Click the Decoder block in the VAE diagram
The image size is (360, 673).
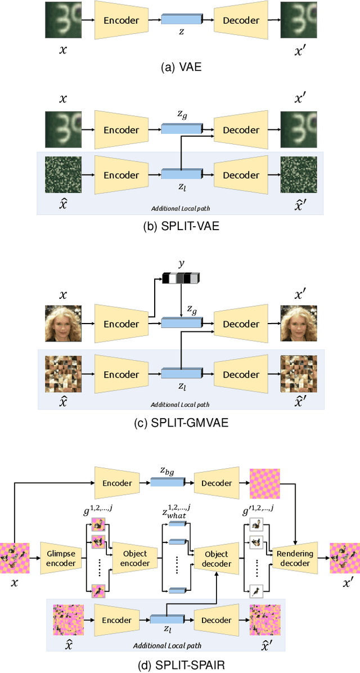point(241,20)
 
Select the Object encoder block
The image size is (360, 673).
point(135,558)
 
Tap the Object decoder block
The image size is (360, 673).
point(217,558)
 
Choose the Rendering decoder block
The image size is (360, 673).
point(296,558)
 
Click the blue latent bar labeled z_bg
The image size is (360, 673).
point(168,482)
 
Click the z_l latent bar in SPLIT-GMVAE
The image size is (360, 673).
point(181,374)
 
